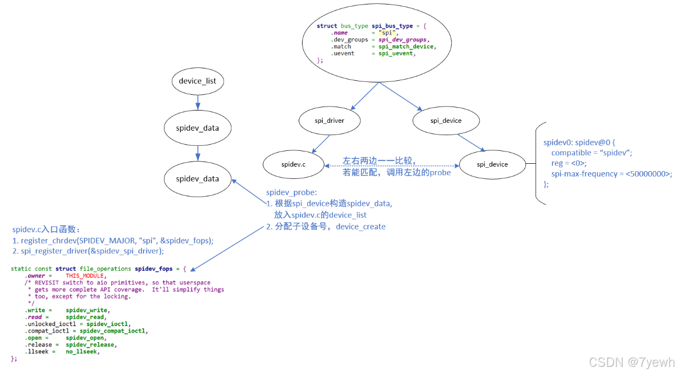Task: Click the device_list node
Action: pos(198,81)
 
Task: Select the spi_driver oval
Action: pos(329,121)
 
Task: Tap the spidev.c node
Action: pos(293,164)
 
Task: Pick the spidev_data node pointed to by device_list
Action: pos(197,128)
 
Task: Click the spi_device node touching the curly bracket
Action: pos(492,164)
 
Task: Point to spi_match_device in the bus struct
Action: pos(406,47)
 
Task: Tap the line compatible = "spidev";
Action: pos(592,153)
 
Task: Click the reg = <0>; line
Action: pos(569,163)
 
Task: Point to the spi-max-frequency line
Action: pos(611,174)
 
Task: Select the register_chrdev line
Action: pos(113,241)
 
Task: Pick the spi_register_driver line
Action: pos(88,251)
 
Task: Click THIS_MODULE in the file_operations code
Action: pos(85,276)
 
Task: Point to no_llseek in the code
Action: pos(83,352)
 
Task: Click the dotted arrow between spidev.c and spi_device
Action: pos(391,165)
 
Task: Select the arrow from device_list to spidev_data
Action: pos(198,102)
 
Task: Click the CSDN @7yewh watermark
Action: pos(632,362)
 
